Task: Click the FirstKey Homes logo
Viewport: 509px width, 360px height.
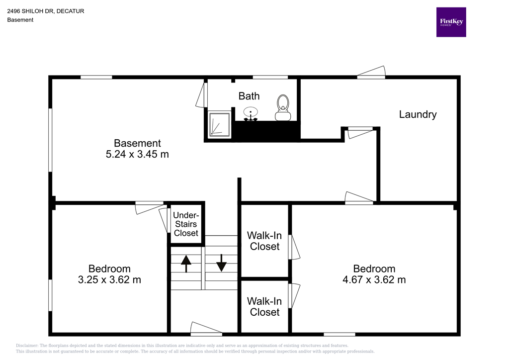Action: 451,22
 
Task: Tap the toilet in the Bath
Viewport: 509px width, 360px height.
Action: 283,107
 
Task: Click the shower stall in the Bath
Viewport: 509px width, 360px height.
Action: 219,124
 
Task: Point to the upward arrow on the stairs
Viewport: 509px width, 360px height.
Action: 186,264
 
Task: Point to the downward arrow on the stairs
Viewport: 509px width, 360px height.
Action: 221,263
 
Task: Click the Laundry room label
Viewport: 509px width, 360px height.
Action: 418,114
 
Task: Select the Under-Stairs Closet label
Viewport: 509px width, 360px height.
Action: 186,224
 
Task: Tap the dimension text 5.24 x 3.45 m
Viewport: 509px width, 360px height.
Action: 137,154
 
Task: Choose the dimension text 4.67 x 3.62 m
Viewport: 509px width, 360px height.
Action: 374,279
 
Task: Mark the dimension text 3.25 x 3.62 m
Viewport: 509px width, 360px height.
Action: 109,279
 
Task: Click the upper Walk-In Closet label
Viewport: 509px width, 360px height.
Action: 264,241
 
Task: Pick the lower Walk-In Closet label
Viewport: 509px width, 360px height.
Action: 264,306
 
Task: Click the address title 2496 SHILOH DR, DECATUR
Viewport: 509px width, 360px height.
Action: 45,11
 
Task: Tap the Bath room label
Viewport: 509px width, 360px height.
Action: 249,96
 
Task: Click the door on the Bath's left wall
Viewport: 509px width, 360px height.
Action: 202,95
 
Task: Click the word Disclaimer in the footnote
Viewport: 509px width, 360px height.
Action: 27,346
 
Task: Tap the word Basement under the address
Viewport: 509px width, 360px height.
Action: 20,20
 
